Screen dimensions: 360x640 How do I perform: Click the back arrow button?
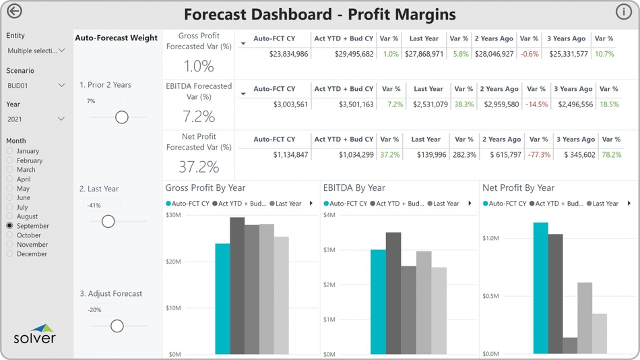14,11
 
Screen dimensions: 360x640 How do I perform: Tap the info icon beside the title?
623,11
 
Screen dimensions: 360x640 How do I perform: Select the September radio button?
10,226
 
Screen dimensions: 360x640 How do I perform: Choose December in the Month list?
10,254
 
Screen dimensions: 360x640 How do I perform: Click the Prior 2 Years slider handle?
122,117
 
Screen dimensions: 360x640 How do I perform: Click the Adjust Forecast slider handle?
117,326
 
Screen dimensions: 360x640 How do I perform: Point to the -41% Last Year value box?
102,206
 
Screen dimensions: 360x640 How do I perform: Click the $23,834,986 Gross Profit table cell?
288,54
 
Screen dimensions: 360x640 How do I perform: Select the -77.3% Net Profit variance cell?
539,155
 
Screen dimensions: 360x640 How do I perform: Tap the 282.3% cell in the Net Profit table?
464,155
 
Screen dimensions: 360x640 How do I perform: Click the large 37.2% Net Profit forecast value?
199,167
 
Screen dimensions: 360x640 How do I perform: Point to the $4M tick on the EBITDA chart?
329,216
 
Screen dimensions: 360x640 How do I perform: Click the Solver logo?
34,336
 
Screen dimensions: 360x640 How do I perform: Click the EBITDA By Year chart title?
354,188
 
